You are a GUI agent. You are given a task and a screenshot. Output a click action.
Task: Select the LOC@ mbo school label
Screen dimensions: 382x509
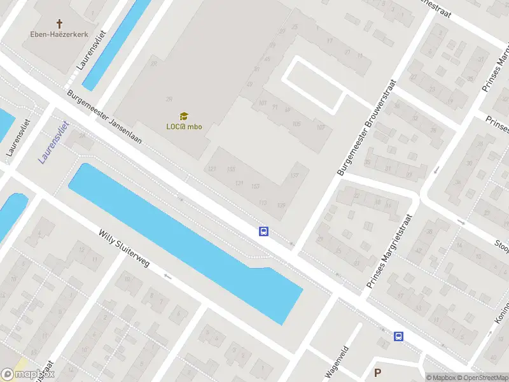coord(184,126)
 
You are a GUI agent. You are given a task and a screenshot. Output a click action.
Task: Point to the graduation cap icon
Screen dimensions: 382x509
coord(184,117)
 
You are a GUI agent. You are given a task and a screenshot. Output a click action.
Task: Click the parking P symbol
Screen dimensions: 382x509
coord(378,373)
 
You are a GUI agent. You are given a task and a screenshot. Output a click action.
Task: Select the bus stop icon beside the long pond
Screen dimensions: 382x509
coord(263,232)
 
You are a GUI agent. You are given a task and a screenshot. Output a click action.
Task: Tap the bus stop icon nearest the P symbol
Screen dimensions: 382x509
coord(399,337)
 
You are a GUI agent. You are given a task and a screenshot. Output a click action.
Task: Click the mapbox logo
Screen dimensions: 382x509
coord(28,374)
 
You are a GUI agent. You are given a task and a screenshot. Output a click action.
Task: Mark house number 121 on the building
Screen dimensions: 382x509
coord(212,169)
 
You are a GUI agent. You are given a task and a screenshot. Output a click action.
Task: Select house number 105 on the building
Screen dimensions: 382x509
coord(296,124)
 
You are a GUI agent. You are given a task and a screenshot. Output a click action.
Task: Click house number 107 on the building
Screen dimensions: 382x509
coord(294,175)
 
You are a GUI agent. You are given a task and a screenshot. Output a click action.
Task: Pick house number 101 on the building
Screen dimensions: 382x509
coord(263,103)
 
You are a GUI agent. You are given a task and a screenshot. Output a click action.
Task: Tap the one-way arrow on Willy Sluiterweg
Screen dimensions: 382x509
coord(167,276)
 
